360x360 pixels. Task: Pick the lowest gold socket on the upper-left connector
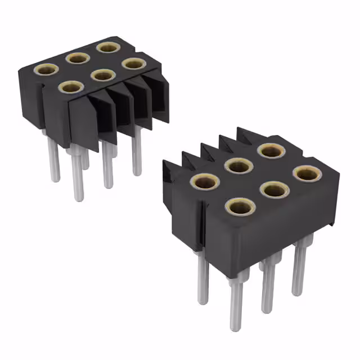(70, 87)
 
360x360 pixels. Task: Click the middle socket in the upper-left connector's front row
(102, 74)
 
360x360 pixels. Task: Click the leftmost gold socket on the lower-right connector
(205, 181)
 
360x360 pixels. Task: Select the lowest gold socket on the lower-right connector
(240, 207)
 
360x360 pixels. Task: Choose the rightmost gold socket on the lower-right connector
(307, 173)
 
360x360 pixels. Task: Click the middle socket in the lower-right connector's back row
(238, 165)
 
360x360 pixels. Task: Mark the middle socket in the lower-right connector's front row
(274, 190)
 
